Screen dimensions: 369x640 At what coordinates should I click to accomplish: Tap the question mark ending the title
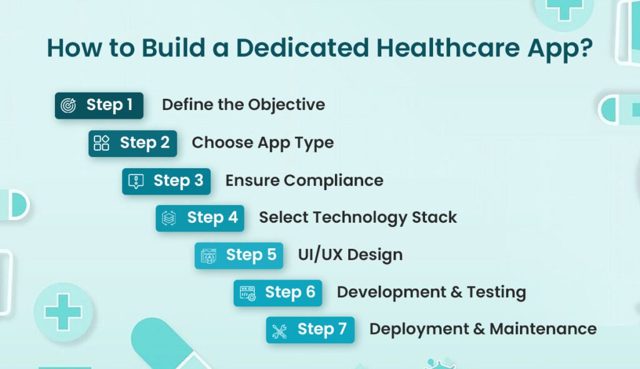[x=585, y=48]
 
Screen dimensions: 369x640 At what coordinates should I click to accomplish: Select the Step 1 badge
[x=99, y=105]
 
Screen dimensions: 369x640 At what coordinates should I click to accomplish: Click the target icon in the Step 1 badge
[x=68, y=106]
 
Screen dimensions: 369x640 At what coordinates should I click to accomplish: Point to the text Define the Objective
[x=243, y=104]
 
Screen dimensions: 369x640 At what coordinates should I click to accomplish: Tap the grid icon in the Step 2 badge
[x=101, y=143]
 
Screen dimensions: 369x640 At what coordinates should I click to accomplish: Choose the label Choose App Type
[x=262, y=143]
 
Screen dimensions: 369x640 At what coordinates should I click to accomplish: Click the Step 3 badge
[x=166, y=181]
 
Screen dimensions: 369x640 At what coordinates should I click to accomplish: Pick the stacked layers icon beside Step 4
[x=169, y=218]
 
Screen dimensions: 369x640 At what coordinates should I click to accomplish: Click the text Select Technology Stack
[x=357, y=218]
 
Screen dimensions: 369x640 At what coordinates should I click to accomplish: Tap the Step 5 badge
[x=239, y=255]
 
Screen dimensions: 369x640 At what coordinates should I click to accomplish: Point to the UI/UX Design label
[x=350, y=255]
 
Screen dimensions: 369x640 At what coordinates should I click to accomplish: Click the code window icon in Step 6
[x=247, y=293]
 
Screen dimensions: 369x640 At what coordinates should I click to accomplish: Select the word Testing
[x=494, y=292]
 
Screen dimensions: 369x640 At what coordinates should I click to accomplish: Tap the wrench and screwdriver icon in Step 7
[x=279, y=331]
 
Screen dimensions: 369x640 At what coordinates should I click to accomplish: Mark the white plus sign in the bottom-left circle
[x=63, y=311]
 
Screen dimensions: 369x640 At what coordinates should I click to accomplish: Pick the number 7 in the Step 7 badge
[x=342, y=330]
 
